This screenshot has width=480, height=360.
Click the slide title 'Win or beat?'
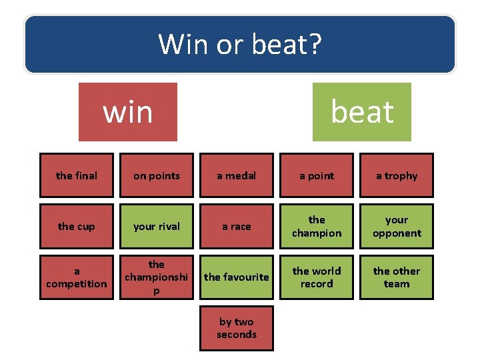point(240,45)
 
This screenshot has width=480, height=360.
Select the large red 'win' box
point(128,112)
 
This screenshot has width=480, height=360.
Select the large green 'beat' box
point(362,112)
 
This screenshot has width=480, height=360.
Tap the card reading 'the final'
point(77,175)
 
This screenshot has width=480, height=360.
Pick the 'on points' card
point(157,175)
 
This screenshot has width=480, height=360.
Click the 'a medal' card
point(237,175)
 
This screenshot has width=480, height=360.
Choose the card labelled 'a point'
point(317,175)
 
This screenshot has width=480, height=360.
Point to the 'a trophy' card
point(397,175)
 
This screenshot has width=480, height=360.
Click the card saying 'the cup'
point(77,226)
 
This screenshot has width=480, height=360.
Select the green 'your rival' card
point(157,226)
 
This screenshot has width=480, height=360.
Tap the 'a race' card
point(237,226)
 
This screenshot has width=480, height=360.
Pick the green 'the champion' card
point(317,226)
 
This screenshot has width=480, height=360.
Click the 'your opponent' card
point(397,226)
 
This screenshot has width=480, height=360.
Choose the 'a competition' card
point(77,277)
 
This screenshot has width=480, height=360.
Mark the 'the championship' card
point(157,277)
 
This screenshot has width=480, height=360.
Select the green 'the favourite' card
point(237,277)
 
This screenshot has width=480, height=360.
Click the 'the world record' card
point(317,277)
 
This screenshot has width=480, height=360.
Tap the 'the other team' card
point(397,277)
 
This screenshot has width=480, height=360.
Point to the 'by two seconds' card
point(237,327)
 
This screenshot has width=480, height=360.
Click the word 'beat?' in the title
point(287,45)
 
